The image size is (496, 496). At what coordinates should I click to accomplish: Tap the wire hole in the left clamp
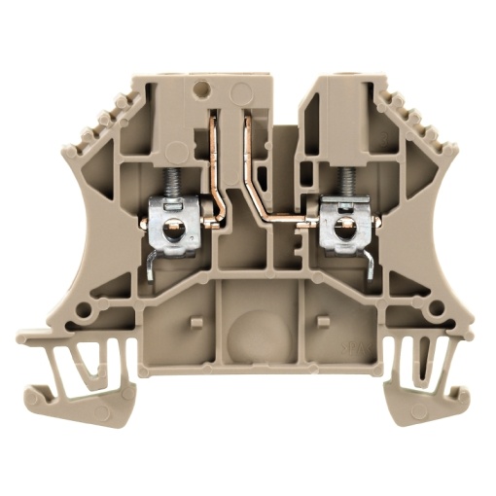pos(174,230)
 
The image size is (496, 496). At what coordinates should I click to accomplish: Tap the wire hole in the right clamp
pos(341,230)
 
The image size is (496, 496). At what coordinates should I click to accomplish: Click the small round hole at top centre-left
pos(204,93)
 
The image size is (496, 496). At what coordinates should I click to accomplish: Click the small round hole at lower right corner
pos(430,313)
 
